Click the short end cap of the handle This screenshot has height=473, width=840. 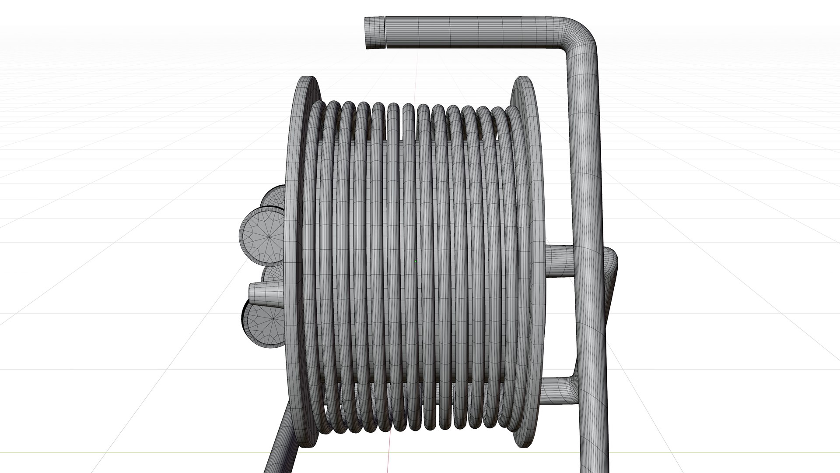tap(375, 33)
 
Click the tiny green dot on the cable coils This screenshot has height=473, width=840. tap(416, 262)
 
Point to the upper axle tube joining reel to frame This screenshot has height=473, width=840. tap(560, 261)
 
